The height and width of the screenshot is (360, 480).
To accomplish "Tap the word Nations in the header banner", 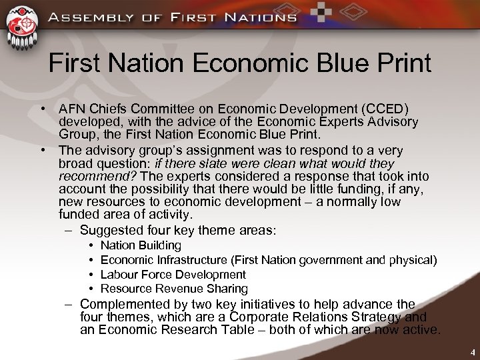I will pos(260,17).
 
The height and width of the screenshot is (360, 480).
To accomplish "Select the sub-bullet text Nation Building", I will pos(141,245).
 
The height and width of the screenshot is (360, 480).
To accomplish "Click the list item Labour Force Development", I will pos(173,274).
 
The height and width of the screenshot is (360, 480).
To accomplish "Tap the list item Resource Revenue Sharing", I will pos(173,289).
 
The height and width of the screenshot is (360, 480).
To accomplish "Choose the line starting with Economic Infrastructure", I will pos(268,260).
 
